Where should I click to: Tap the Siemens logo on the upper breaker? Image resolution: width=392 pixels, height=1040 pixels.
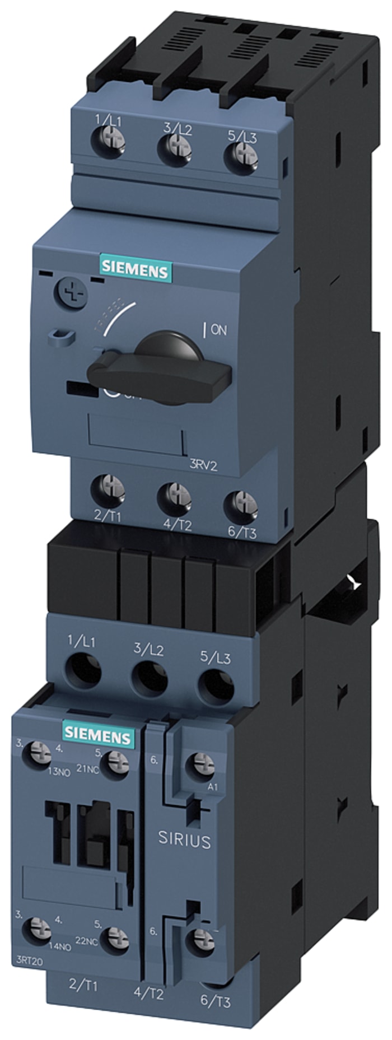(x=134, y=272)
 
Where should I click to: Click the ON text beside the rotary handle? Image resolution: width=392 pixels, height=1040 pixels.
(x=217, y=330)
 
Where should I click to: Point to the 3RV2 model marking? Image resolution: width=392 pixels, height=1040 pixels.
(x=203, y=465)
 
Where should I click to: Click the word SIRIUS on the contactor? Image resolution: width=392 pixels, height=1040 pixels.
(x=184, y=840)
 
